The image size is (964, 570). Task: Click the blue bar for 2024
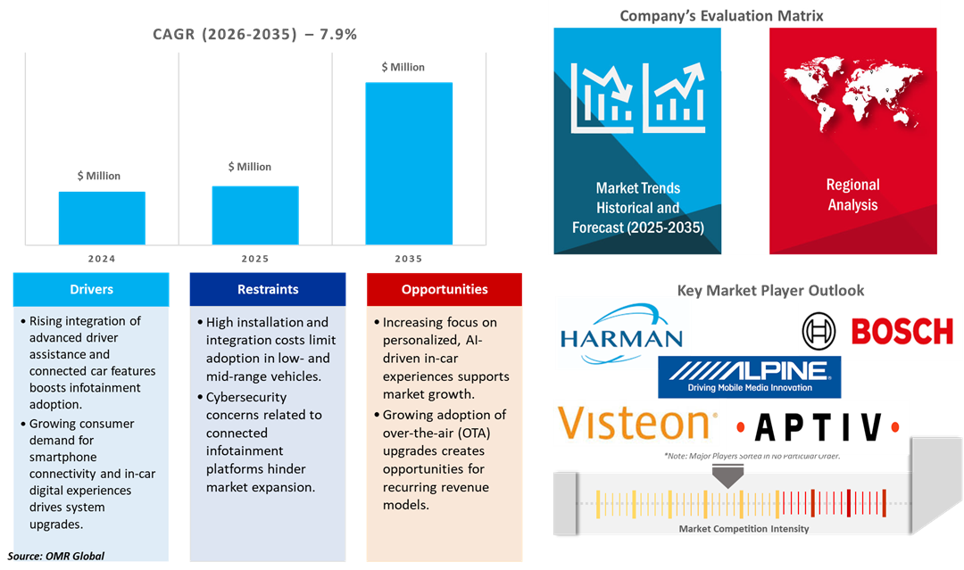pyautogui.click(x=102, y=218)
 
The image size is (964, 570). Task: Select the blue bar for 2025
pyautogui.click(x=255, y=215)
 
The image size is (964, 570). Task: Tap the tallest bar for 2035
pyautogui.click(x=409, y=163)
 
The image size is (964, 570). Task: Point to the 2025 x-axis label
pyautogui.click(x=255, y=259)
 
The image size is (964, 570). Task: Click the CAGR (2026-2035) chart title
pyautogui.click(x=255, y=35)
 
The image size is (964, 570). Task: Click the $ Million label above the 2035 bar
pyautogui.click(x=403, y=67)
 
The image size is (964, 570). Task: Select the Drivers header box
pyautogui.click(x=91, y=289)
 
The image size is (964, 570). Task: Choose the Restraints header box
pyautogui.click(x=268, y=289)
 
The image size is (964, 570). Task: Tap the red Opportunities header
pyautogui.click(x=445, y=289)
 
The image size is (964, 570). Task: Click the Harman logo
pyautogui.click(x=623, y=334)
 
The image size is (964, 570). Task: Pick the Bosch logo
pyautogui.click(x=879, y=332)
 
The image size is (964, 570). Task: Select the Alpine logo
pyautogui.click(x=749, y=376)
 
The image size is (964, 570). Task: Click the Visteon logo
pyautogui.click(x=635, y=423)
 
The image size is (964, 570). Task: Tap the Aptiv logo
pyautogui.click(x=817, y=426)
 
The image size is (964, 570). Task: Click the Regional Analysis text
pyautogui.click(x=852, y=194)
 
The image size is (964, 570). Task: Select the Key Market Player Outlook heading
pyautogui.click(x=770, y=290)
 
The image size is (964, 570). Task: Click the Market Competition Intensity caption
pyautogui.click(x=744, y=529)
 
